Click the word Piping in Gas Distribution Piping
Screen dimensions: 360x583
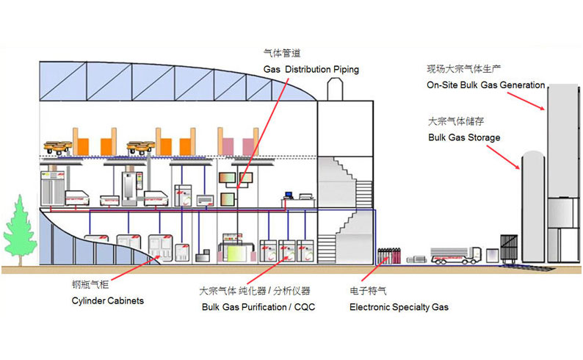click(x=341, y=70)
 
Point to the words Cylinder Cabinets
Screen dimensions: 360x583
click(x=107, y=301)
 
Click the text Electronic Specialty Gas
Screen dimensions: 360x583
click(x=398, y=306)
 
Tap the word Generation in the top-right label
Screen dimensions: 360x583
click(x=521, y=85)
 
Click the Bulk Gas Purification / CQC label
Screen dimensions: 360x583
click(x=258, y=306)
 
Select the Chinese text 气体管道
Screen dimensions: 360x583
click(x=282, y=54)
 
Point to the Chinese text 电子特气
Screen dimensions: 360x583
click(x=367, y=292)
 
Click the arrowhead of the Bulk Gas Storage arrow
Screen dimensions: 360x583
click(x=519, y=166)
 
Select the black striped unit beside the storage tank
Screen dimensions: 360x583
click(x=508, y=249)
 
